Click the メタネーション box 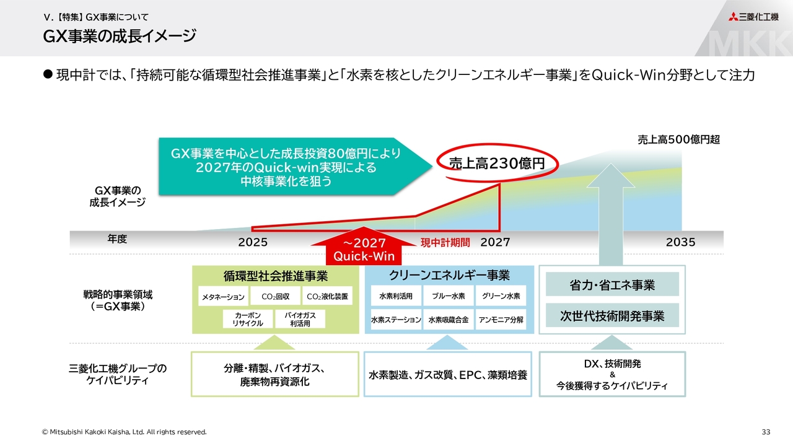[223, 297]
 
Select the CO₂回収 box [276, 297]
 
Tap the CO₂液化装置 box [328, 297]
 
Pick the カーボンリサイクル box [248, 319]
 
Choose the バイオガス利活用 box [300, 319]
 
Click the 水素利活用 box [396, 296]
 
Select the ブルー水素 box [449, 296]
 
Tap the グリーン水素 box [501, 296]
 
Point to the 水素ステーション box [396, 320]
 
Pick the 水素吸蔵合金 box [449, 320]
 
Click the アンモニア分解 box [501, 320]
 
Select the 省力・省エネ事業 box [612, 285]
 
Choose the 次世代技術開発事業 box [612, 316]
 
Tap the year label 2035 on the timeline [680, 242]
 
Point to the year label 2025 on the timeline [253, 242]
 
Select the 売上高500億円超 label [678, 140]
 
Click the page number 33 [766, 431]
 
